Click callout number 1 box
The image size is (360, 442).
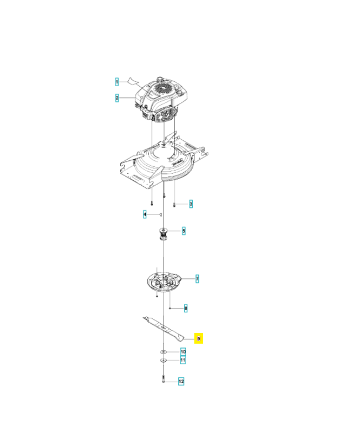point(117,82)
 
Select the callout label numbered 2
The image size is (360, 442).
point(117,98)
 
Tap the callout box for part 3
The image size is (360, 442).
point(190,204)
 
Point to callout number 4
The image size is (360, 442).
point(145,214)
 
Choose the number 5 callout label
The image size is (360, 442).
point(183,230)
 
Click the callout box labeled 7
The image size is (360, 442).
point(197,279)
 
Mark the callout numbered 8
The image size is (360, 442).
point(186,307)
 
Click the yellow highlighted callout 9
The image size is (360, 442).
point(199,338)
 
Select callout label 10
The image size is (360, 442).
point(183,351)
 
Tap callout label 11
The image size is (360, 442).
point(183,360)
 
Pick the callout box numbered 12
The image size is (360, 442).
point(181,381)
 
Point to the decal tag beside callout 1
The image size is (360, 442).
point(132,81)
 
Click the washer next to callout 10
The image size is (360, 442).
point(164,351)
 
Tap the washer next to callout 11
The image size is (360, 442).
point(164,360)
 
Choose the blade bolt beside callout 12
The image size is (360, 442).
point(164,380)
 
